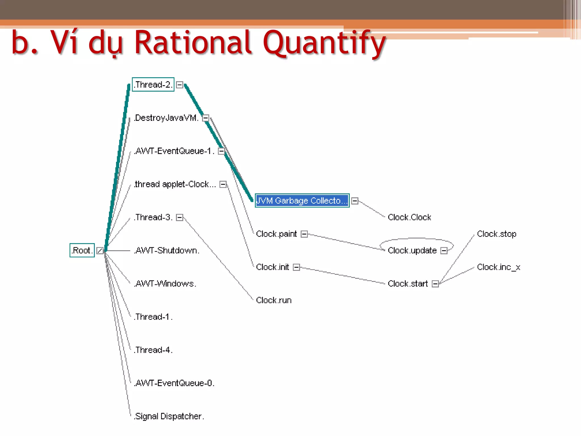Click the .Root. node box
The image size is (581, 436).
coord(82,250)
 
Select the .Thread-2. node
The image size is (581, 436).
coord(153,85)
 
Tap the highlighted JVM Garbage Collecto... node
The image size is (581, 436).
coord(302,201)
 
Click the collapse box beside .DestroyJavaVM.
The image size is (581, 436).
coord(206,118)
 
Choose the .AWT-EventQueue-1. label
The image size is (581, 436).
coord(174,151)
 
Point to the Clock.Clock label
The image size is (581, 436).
coord(409,217)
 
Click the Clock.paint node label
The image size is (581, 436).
coord(276,234)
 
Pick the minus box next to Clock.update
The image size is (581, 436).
coord(444,251)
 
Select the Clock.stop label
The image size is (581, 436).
coord(496,234)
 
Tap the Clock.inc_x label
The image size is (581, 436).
coord(498,267)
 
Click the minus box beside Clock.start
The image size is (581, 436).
coord(435,284)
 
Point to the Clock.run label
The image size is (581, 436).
coord(274,300)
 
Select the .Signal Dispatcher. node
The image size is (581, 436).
coord(169,416)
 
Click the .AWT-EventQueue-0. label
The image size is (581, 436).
coord(174,383)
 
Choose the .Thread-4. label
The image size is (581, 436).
coord(153,350)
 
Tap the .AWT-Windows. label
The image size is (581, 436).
coord(165,284)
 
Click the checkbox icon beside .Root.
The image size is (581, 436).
coord(100,251)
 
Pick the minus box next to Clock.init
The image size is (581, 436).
coord(296,267)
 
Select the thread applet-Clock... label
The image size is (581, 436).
coord(175,184)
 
